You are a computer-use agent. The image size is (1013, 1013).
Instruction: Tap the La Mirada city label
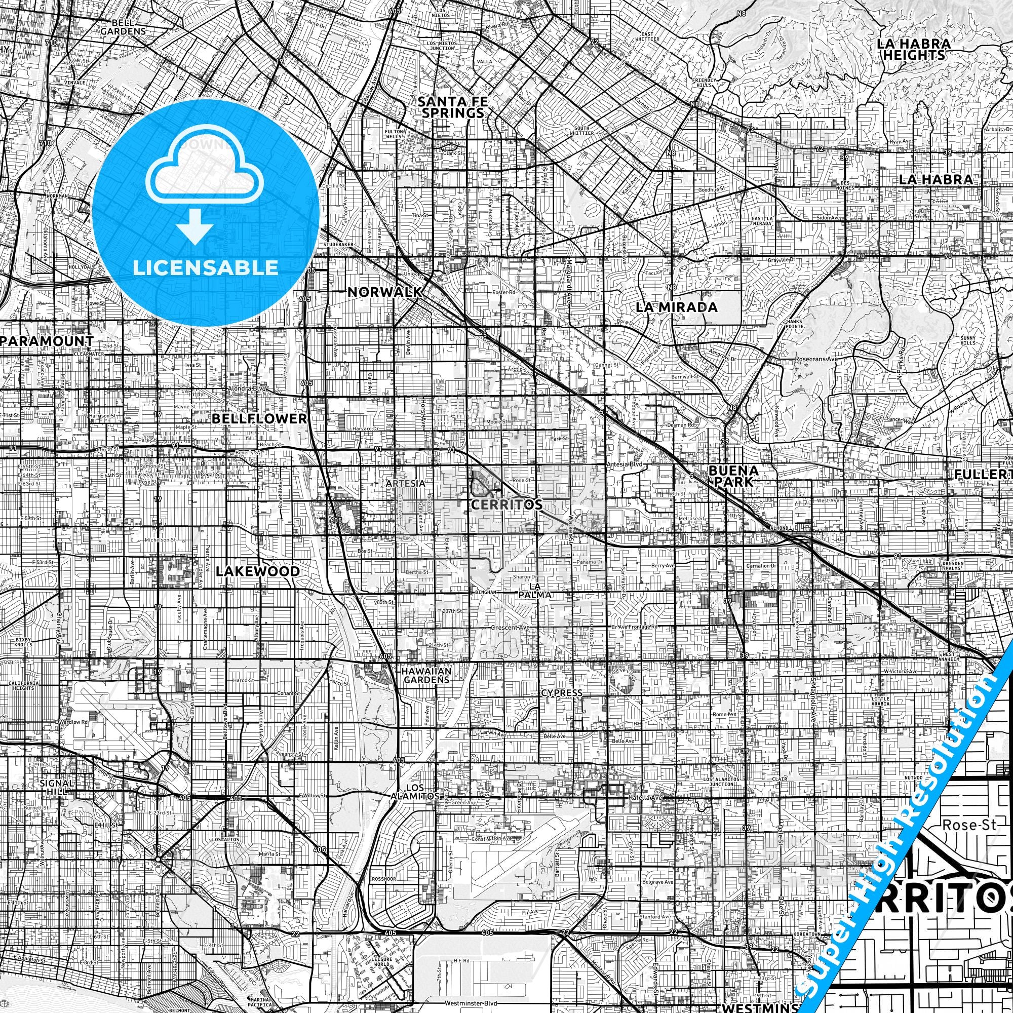pyautogui.click(x=676, y=307)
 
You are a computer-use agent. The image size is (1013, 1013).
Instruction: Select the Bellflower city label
pyautogui.click(x=259, y=418)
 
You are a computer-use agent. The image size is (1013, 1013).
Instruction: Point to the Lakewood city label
pyautogui.click(x=257, y=571)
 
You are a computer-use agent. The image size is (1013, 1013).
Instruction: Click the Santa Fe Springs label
pyautogui.click(x=451, y=107)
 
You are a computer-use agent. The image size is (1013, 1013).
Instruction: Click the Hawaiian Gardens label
pyautogui.click(x=426, y=676)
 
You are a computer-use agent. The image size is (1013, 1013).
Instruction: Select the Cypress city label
pyautogui.click(x=561, y=692)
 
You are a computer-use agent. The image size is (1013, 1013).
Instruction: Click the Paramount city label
pyautogui.click(x=47, y=341)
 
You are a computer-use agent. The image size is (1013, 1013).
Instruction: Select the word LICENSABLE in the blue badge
pyautogui.click(x=206, y=267)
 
